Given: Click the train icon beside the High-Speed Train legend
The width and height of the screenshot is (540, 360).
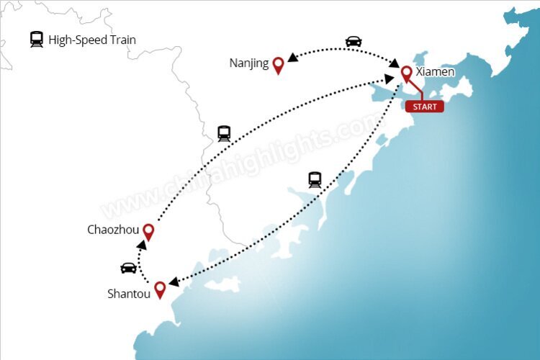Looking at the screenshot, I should pyautogui.click(x=37, y=40).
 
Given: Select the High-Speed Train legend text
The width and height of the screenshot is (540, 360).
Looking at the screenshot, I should pyautogui.click(x=92, y=40).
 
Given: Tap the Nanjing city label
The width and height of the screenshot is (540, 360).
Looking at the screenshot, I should pyautogui.click(x=249, y=63).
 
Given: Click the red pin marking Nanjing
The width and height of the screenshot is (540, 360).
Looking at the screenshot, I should pyautogui.click(x=278, y=66).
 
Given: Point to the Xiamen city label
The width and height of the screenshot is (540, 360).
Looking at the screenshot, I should pyautogui.click(x=436, y=72).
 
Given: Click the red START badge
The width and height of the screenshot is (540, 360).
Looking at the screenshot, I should pyautogui.click(x=425, y=107).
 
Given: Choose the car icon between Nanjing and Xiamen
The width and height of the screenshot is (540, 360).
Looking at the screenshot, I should pyautogui.click(x=353, y=41).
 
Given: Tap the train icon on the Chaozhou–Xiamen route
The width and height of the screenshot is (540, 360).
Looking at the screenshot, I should pyautogui.click(x=224, y=133).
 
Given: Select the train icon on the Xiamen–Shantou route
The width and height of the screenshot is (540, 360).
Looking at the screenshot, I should pyautogui.click(x=315, y=179).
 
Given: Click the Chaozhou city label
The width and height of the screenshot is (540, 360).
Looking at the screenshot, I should pyautogui.click(x=112, y=230).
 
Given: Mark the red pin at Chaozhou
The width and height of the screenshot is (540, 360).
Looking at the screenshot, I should pyautogui.click(x=148, y=231).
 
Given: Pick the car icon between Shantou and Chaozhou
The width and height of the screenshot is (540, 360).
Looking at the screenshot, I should pyautogui.click(x=128, y=268).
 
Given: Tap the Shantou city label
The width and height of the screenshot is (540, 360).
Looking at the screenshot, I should pyautogui.click(x=129, y=294).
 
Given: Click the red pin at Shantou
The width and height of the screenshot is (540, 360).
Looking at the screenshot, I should pyautogui.click(x=160, y=289).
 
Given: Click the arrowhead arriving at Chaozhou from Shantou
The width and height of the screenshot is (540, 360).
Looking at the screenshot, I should pyautogui.click(x=143, y=246).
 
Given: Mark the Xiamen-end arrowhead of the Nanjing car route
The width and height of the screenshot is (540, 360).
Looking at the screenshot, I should pyautogui.click(x=394, y=65).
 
